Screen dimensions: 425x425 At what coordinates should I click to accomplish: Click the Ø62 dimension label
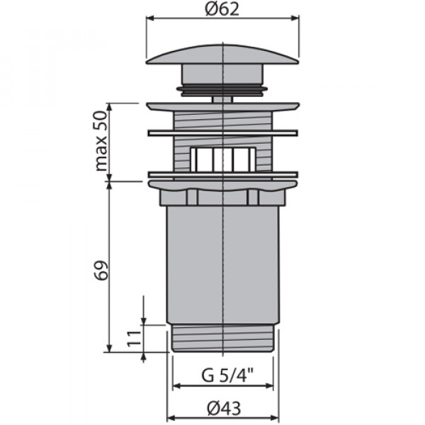[222, 9]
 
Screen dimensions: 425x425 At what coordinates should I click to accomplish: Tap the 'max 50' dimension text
[101, 141]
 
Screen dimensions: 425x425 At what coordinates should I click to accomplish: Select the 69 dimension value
[102, 271]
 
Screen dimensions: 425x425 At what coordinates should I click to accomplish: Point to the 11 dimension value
[135, 339]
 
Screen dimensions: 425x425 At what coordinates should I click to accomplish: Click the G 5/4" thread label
[227, 375]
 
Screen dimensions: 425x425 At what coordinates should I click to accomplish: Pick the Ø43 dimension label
[224, 408]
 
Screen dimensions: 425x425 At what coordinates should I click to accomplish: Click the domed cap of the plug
[222, 55]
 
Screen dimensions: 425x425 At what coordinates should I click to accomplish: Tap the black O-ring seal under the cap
[222, 90]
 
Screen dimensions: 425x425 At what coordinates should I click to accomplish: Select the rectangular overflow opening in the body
[223, 159]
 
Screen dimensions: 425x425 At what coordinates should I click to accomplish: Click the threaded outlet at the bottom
[223, 338]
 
